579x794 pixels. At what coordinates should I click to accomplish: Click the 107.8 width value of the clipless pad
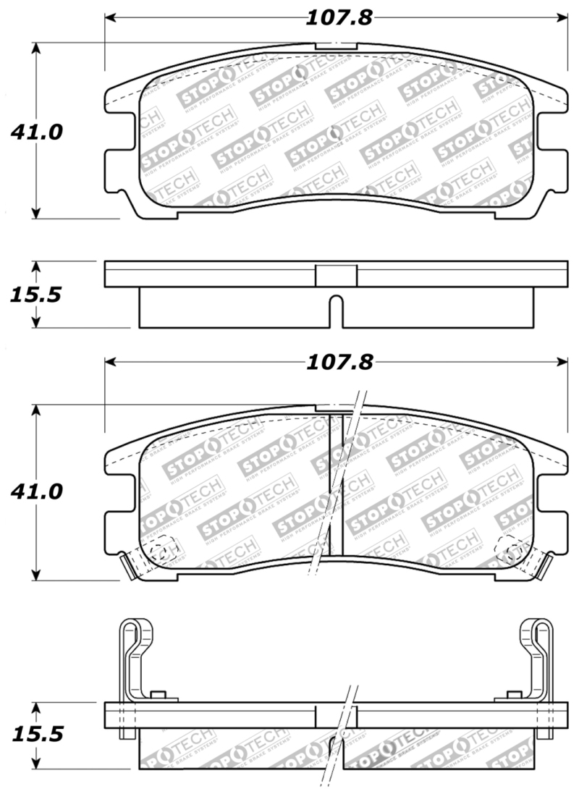pos(337,17)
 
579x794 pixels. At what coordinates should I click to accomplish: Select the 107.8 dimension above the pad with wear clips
pos(337,361)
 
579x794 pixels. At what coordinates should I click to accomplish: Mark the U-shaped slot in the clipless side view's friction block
pos(337,310)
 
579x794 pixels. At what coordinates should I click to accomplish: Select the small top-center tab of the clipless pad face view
pos(337,46)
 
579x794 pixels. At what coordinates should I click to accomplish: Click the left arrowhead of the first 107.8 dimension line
pos(111,17)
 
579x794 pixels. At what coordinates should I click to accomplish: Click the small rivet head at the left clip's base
pos(156,696)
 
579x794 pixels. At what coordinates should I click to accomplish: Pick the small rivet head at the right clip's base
pos(511,696)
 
